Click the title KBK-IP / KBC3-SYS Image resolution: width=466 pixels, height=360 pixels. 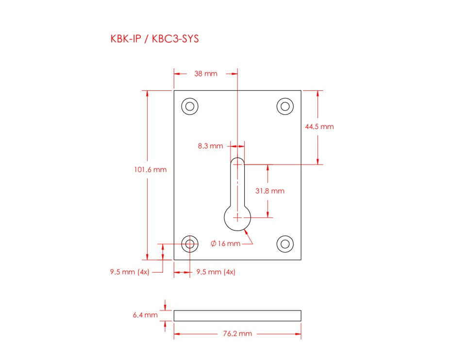pos(154,39)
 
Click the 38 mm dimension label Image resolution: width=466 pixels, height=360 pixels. pos(206,74)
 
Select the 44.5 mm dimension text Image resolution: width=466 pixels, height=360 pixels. pos(319,127)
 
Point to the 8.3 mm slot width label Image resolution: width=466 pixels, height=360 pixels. pos(210,146)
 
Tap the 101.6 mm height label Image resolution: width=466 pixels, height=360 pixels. pos(150,170)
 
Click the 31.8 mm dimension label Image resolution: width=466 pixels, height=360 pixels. pos(270,191)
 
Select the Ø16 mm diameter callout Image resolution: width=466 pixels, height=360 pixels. pos(225,244)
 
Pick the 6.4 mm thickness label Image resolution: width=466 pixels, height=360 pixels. pos(145,315)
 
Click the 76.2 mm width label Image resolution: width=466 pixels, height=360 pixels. pos(237,334)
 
